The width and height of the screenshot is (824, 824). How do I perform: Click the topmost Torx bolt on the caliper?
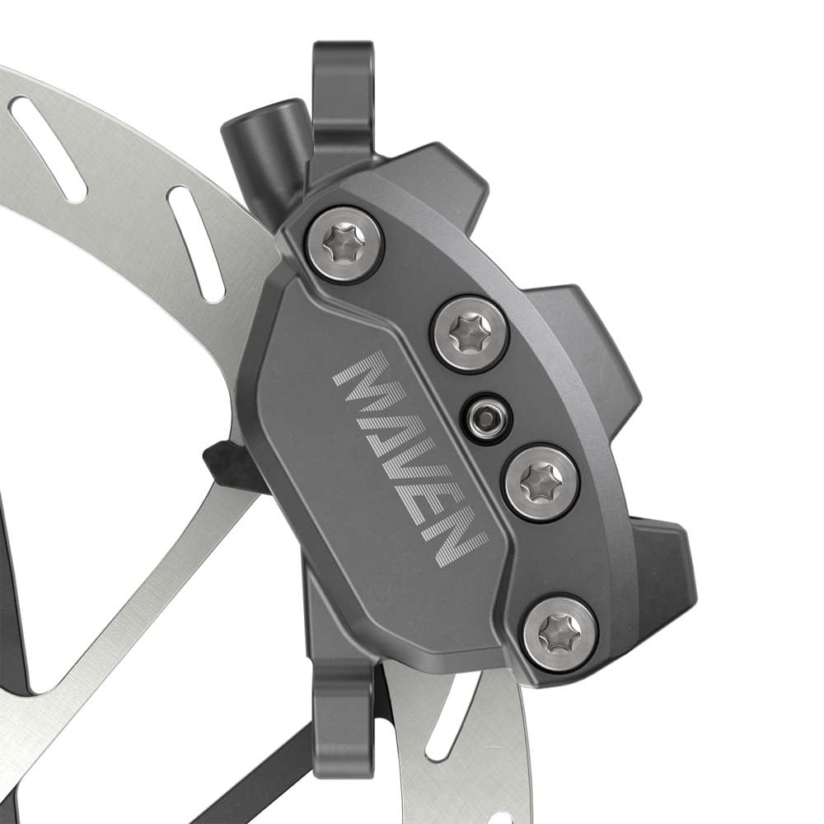(344, 244)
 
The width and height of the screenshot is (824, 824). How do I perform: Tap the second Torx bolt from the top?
(470, 333)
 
